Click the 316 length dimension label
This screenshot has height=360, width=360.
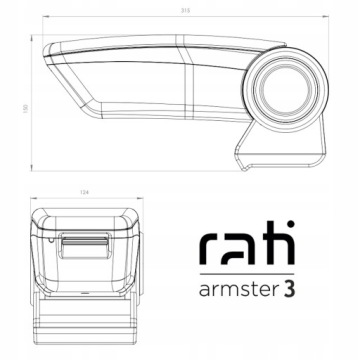[x=183, y=12]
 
